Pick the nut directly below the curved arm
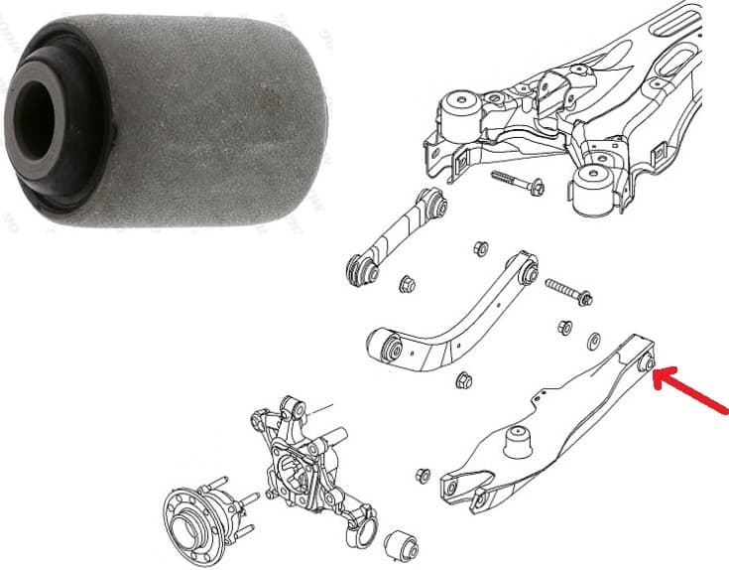pos(462,380)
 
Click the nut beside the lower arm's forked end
pos(424,475)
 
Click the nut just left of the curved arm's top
pos(481,248)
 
